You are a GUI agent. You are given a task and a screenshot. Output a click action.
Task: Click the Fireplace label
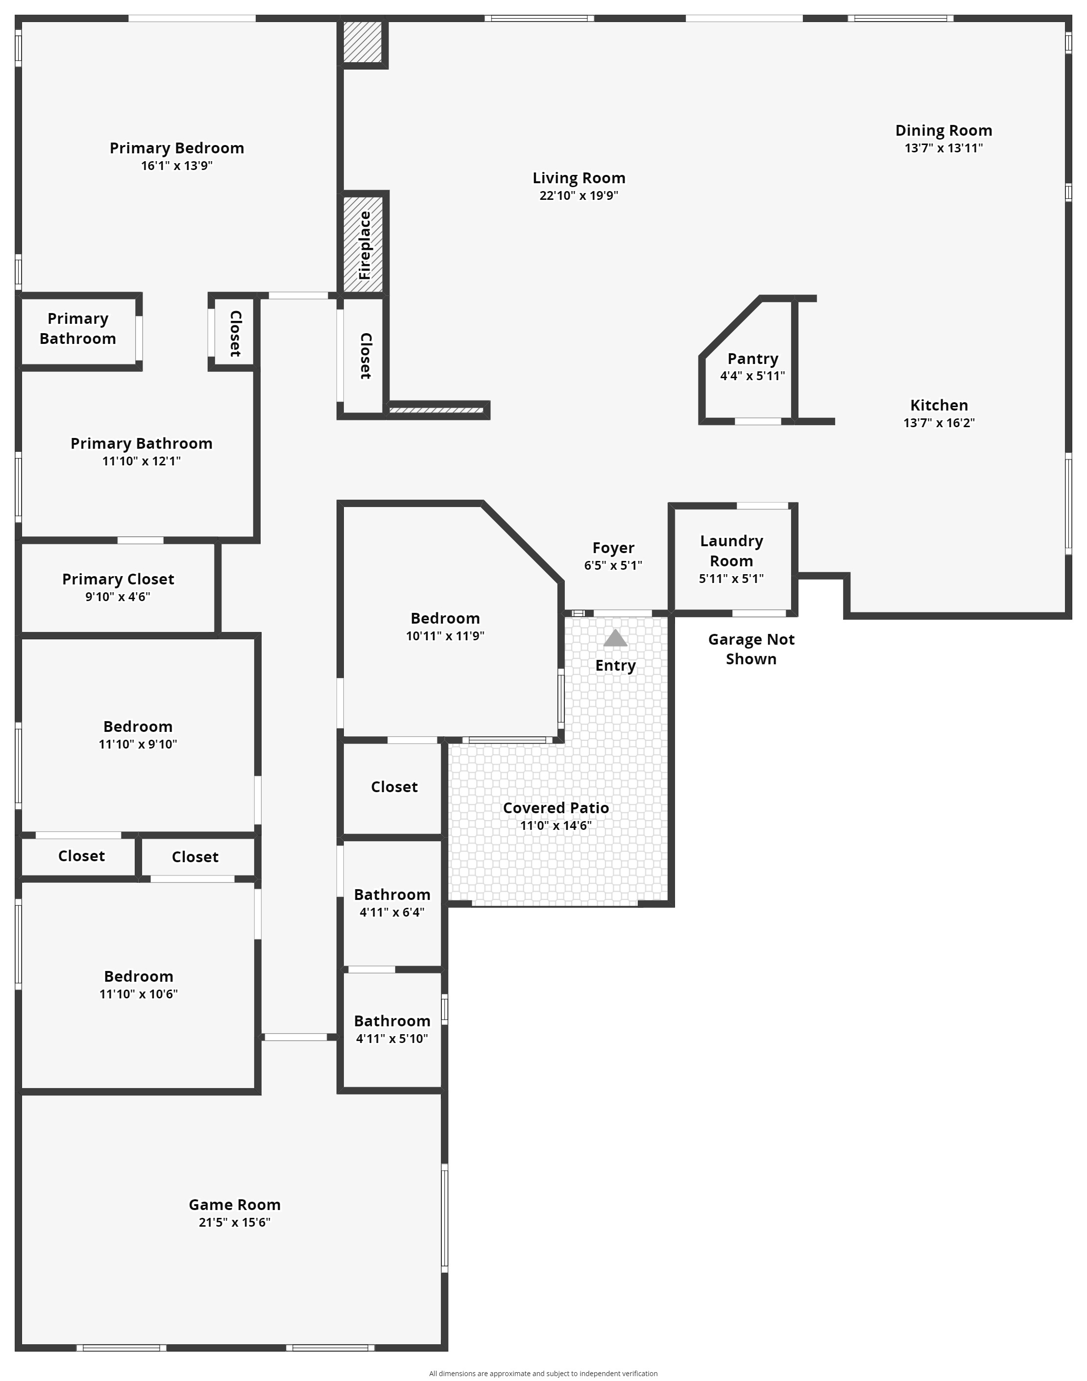pyautogui.click(x=364, y=245)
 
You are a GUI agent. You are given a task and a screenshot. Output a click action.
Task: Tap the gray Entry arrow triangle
pyautogui.click(x=615, y=638)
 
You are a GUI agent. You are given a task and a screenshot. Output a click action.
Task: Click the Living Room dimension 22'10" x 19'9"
pyautogui.click(x=579, y=195)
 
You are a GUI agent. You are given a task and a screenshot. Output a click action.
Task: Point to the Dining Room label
pyautogui.click(x=944, y=130)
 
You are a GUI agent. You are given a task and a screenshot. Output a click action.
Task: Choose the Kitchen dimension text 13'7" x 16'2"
pyautogui.click(x=940, y=423)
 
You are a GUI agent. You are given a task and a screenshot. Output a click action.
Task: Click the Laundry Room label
pyautogui.click(x=732, y=551)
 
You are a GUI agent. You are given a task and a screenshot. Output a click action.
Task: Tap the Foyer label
pyautogui.click(x=613, y=548)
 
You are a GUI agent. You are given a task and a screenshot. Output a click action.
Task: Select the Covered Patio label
pyautogui.click(x=556, y=808)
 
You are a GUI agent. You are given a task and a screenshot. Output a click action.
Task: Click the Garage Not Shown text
pyautogui.click(x=751, y=649)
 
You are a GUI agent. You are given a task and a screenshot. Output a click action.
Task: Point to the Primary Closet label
pyautogui.click(x=119, y=579)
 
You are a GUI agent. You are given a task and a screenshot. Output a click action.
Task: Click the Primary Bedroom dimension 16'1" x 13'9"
pyautogui.click(x=177, y=166)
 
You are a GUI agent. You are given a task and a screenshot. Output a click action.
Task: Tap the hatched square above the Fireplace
pyautogui.click(x=363, y=42)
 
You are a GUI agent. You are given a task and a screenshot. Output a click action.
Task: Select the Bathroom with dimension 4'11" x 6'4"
pyautogui.click(x=392, y=902)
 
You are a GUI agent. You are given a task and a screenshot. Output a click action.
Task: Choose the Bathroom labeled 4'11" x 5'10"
pyautogui.click(x=392, y=1029)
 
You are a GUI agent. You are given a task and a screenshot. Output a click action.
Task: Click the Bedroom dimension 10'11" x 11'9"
pyautogui.click(x=445, y=636)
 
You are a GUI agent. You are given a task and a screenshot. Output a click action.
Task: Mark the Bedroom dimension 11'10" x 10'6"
pyautogui.click(x=139, y=994)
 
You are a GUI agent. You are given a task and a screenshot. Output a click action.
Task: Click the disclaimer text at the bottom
pyautogui.click(x=544, y=1373)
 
